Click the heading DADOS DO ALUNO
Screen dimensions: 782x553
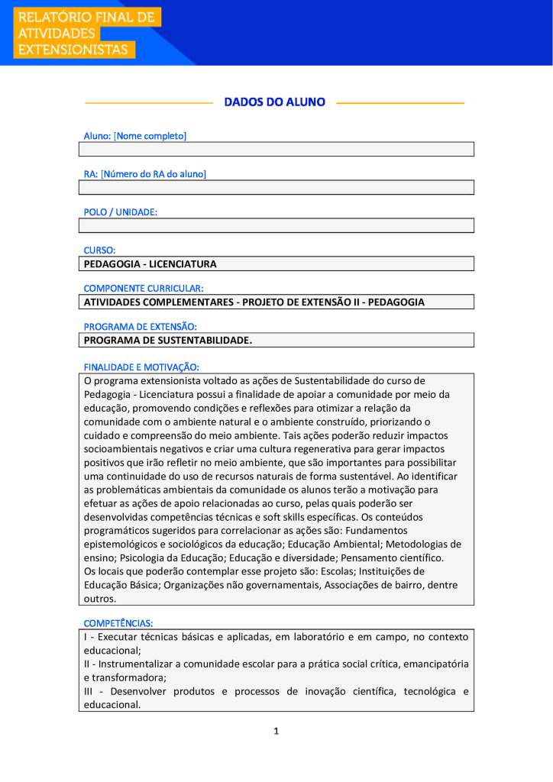274,102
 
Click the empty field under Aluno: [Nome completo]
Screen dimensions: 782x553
276,150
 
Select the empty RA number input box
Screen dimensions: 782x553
276,188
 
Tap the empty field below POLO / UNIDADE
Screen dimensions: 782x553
276,226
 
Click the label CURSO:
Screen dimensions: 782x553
99,250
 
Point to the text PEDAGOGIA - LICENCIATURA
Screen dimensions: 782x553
150,264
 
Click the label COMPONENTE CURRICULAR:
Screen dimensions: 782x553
143,288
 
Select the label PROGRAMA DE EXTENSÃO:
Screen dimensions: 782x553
140,326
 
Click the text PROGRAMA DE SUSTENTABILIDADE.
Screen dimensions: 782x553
167,341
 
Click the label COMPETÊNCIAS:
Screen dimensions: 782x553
118,623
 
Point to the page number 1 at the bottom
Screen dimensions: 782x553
276,732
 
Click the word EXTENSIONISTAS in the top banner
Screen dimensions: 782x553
73,50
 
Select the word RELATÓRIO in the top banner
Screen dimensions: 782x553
54,17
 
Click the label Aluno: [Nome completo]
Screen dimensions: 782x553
134,136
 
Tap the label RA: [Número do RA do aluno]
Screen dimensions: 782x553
144,174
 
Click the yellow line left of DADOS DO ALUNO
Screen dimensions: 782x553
148,102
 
